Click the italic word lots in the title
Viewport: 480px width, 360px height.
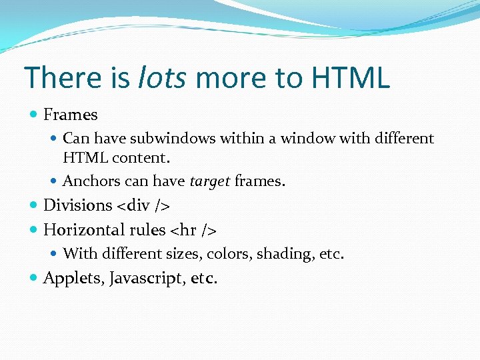pyautogui.click(x=163, y=78)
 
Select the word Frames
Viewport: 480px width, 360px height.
pyautogui.click(x=70, y=115)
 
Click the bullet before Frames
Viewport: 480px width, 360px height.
pyautogui.click(x=34, y=115)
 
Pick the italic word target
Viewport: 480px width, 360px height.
pyautogui.click(x=210, y=181)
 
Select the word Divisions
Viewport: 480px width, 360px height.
pyautogui.click(x=77, y=205)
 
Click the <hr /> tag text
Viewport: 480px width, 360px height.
pyautogui.click(x=193, y=230)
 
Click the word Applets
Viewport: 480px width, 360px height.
pyautogui.click(x=69, y=278)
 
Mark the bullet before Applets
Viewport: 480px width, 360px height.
pyautogui.click(x=34, y=278)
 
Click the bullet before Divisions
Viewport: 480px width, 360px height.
pyautogui.click(x=34, y=205)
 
